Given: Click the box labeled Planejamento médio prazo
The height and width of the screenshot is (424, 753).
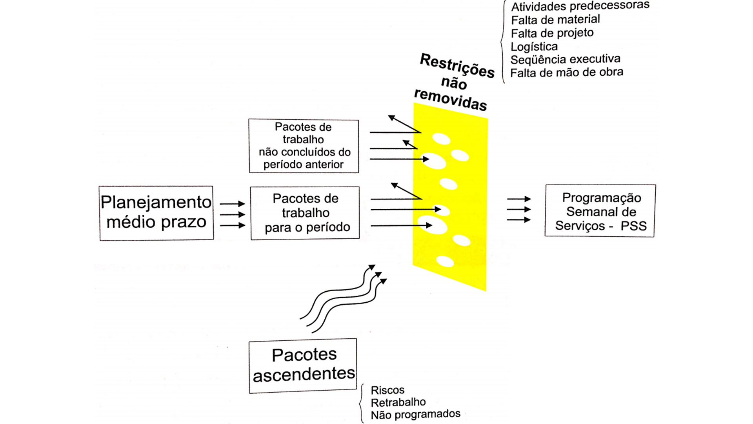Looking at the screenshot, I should click(156, 213).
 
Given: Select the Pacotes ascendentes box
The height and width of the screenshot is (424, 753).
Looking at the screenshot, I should click(303, 366).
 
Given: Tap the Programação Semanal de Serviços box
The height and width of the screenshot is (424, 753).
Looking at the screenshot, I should click(600, 211).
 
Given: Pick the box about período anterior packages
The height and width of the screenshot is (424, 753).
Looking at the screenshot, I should click(304, 146).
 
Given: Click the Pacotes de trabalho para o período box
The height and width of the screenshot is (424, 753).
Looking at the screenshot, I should click(305, 213).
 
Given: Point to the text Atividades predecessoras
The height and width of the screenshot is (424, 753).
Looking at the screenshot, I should click(580, 6).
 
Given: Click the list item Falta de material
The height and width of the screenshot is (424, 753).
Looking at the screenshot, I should click(555, 20).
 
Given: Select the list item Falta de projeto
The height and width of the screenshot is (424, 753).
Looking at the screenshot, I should click(552, 33).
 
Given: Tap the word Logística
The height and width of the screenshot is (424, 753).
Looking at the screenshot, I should click(534, 47).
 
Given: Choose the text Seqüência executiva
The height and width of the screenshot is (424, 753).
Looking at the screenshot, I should click(565, 60).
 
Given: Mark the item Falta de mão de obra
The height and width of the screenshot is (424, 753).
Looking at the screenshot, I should click(566, 73).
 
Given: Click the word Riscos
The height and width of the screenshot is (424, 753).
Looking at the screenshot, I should click(387, 390).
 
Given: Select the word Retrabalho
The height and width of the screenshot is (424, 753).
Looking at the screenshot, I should click(398, 402).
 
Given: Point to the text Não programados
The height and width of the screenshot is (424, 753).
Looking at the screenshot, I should click(415, 415).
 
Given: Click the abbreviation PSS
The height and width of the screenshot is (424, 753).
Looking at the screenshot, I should click(633, 226).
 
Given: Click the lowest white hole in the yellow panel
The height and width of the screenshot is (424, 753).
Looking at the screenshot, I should click(445, 261).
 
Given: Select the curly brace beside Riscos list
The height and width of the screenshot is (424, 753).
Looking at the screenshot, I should click(361, 403).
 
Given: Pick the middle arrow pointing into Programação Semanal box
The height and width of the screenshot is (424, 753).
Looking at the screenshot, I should click(519, 210).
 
